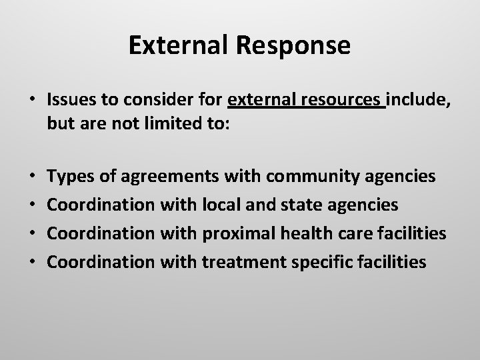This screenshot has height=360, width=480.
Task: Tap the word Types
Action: (71, 176)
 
